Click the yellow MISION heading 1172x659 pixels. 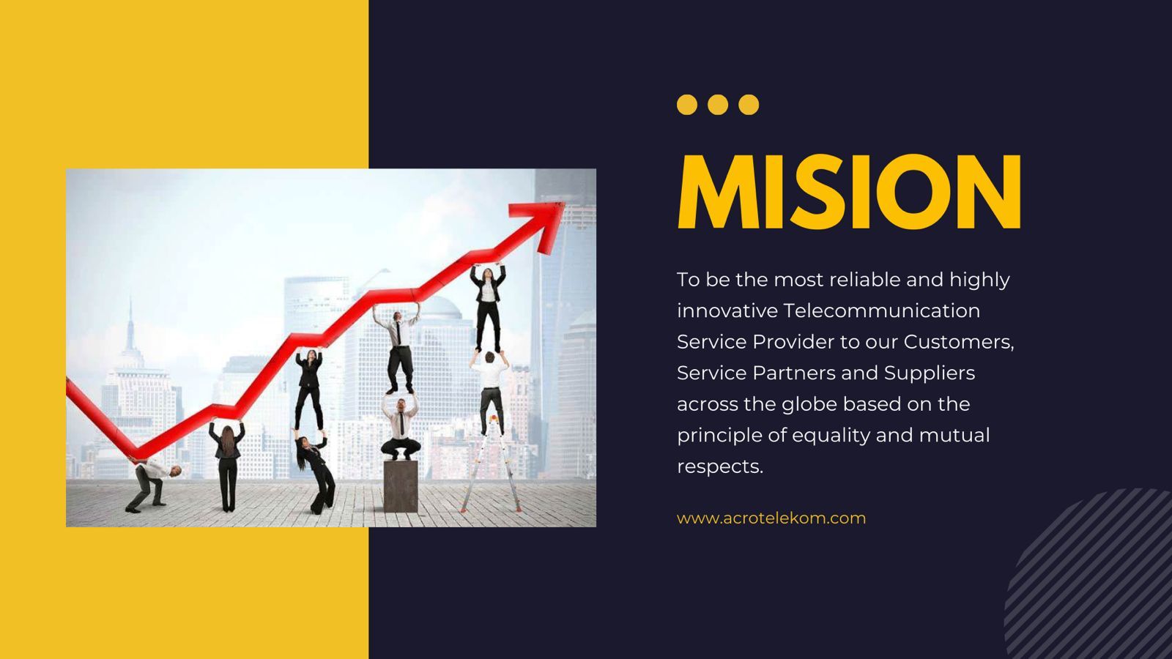tap(849, 191)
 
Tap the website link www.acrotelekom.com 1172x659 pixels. tap(771, 518)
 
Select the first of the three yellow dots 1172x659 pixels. tap(687, 105)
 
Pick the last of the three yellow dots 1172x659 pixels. tap(749, 105)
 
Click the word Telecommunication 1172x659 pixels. tap(882, 310)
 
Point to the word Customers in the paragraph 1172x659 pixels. tap(959, 342)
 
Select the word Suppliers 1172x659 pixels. tap(930, 373)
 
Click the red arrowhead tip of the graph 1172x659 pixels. tap(564, 204)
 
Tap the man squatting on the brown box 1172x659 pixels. tap(400, 429)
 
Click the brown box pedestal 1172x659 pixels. tap(401, 486)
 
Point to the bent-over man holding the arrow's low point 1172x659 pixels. tap(152, 484)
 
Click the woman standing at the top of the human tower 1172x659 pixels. tap(488, 308)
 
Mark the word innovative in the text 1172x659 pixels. tap(727, 310)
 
